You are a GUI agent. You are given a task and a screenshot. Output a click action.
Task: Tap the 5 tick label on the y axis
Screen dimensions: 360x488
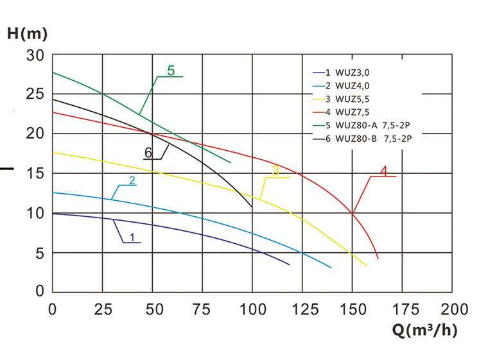tap(39, 253)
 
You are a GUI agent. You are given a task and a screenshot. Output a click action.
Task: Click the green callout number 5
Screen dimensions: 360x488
tap(171, 71)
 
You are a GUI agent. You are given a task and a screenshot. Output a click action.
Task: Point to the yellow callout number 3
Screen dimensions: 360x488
tap(275, 171)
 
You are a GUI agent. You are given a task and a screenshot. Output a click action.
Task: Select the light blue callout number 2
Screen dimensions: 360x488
tap(132, 180)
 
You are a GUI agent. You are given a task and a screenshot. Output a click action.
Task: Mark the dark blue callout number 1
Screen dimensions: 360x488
tap(132, 237)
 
